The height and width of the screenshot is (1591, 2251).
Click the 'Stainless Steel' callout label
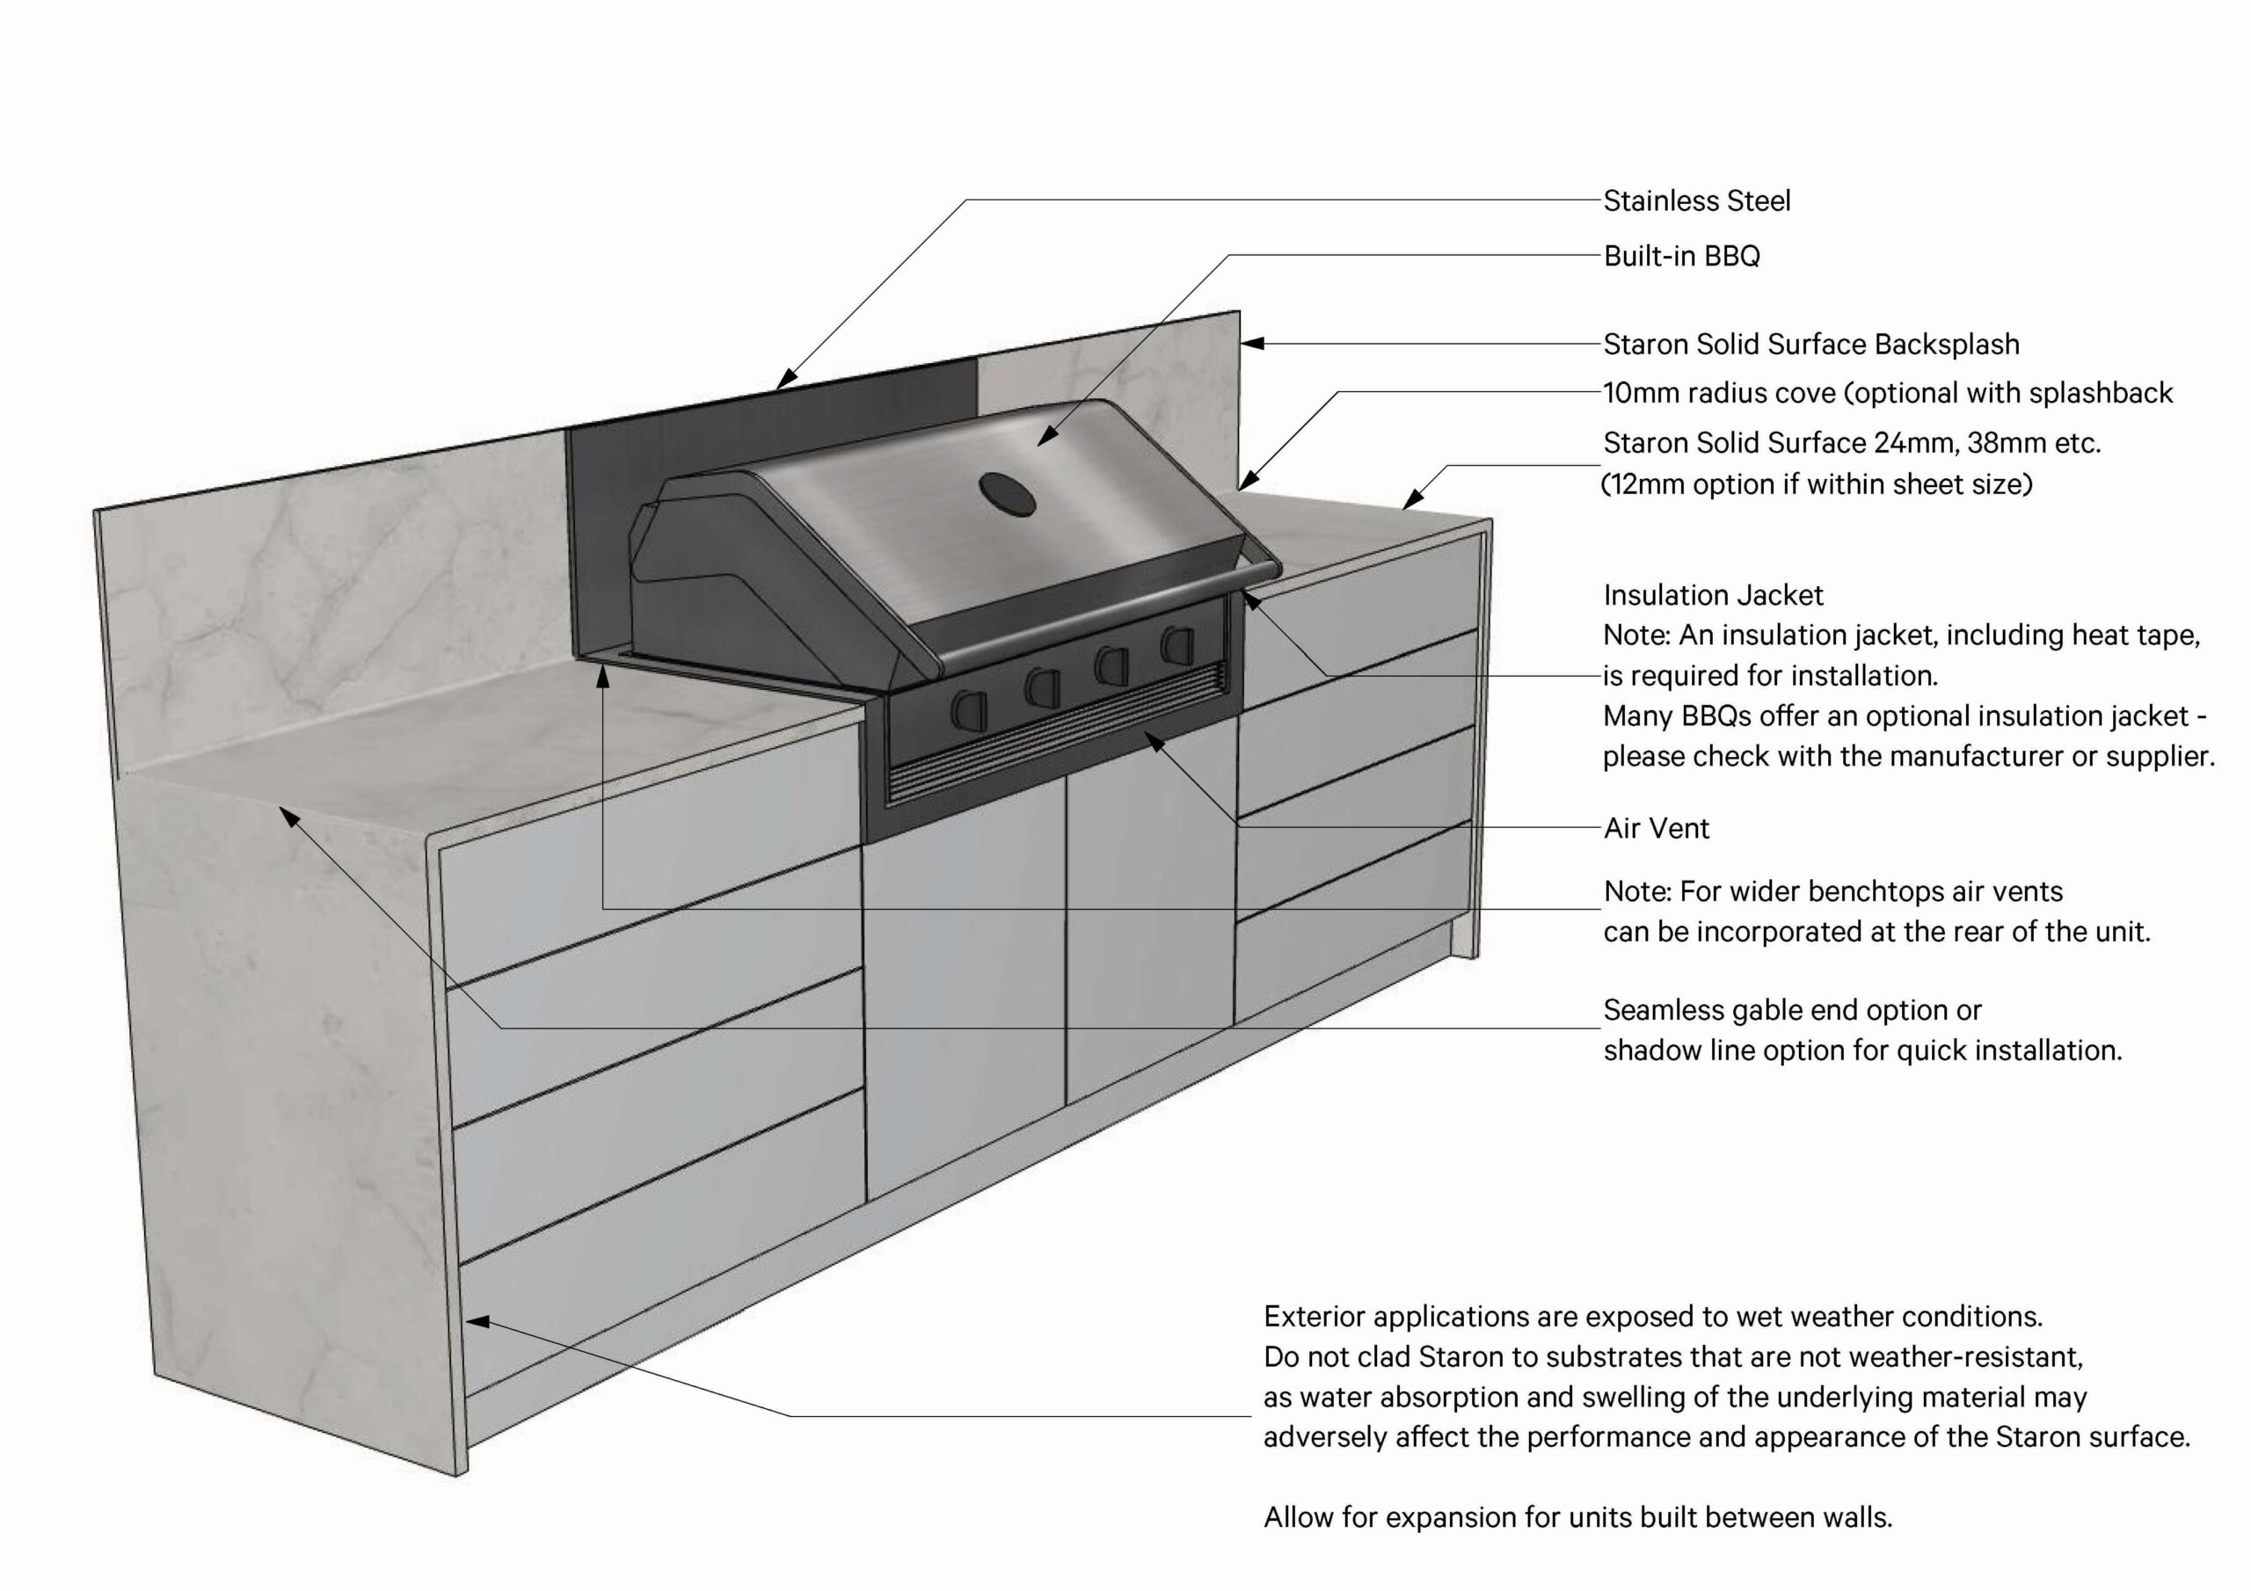coord(1696,201)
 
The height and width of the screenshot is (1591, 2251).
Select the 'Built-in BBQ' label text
coord(1681,256)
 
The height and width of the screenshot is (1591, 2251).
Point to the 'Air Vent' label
coord(1656,828)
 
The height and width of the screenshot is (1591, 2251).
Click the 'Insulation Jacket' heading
coord(1713,595)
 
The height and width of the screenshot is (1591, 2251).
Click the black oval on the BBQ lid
coord(1007,494)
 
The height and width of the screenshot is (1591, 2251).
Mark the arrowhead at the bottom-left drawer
coord(477,1321)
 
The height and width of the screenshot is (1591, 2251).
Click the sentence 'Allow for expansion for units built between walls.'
coord(1577,1517)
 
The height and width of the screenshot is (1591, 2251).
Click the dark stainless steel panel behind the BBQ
coord(608,510)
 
